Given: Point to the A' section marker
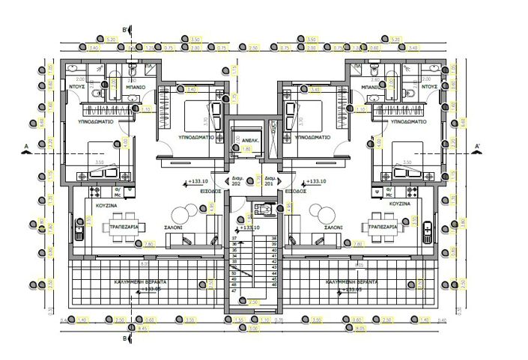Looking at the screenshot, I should coord(476,145).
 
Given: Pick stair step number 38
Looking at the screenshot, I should coord(274,237).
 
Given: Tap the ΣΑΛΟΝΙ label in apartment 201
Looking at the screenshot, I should coord(334,226).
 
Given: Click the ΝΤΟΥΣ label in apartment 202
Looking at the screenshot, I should coord(76,87).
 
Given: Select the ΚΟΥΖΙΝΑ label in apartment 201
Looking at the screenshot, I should coord(400,203).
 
